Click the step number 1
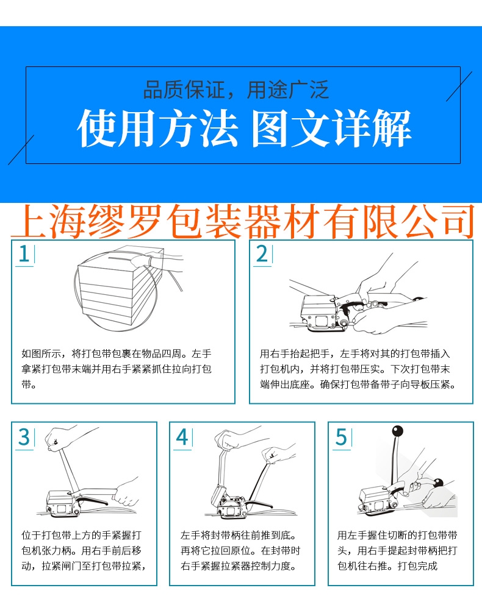(x=24, y=253)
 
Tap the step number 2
(x=262, y=253)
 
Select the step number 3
(x=24, y=437)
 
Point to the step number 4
(x=182, y=437)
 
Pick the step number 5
(x=341, y=437)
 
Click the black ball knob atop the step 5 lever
(x=397, y=431)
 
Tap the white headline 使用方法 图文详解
(x=244, y=128)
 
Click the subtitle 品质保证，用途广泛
(x=236, y=90)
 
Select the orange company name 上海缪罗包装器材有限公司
(x=243, y=221)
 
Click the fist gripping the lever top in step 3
(x=57, y=439)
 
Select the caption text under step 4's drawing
(x=240, y=550)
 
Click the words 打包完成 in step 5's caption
(x=417, y=565)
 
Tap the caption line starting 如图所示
(x=117, y=354)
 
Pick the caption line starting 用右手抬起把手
(x=355, y=354)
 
